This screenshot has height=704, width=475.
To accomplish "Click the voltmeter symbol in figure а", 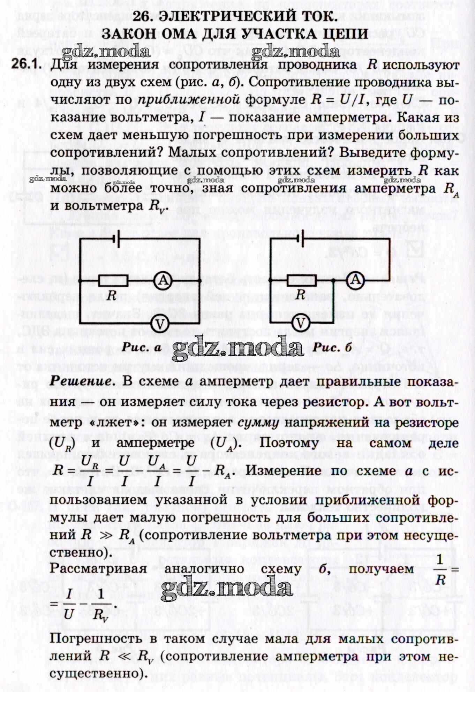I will (160, 324).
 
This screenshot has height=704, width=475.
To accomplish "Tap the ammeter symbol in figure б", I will (355, 280).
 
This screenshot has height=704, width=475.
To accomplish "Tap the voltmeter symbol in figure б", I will (301, 324).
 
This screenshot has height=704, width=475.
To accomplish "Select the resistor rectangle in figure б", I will (301, 280).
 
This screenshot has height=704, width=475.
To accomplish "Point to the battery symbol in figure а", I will (116, 239).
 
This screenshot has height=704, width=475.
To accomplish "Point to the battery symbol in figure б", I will (300, 239).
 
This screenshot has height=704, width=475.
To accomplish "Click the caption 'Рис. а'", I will (141, 347).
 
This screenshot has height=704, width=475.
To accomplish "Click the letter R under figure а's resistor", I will (112, 295).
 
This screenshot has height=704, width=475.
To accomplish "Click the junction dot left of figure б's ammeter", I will (334, 280).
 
